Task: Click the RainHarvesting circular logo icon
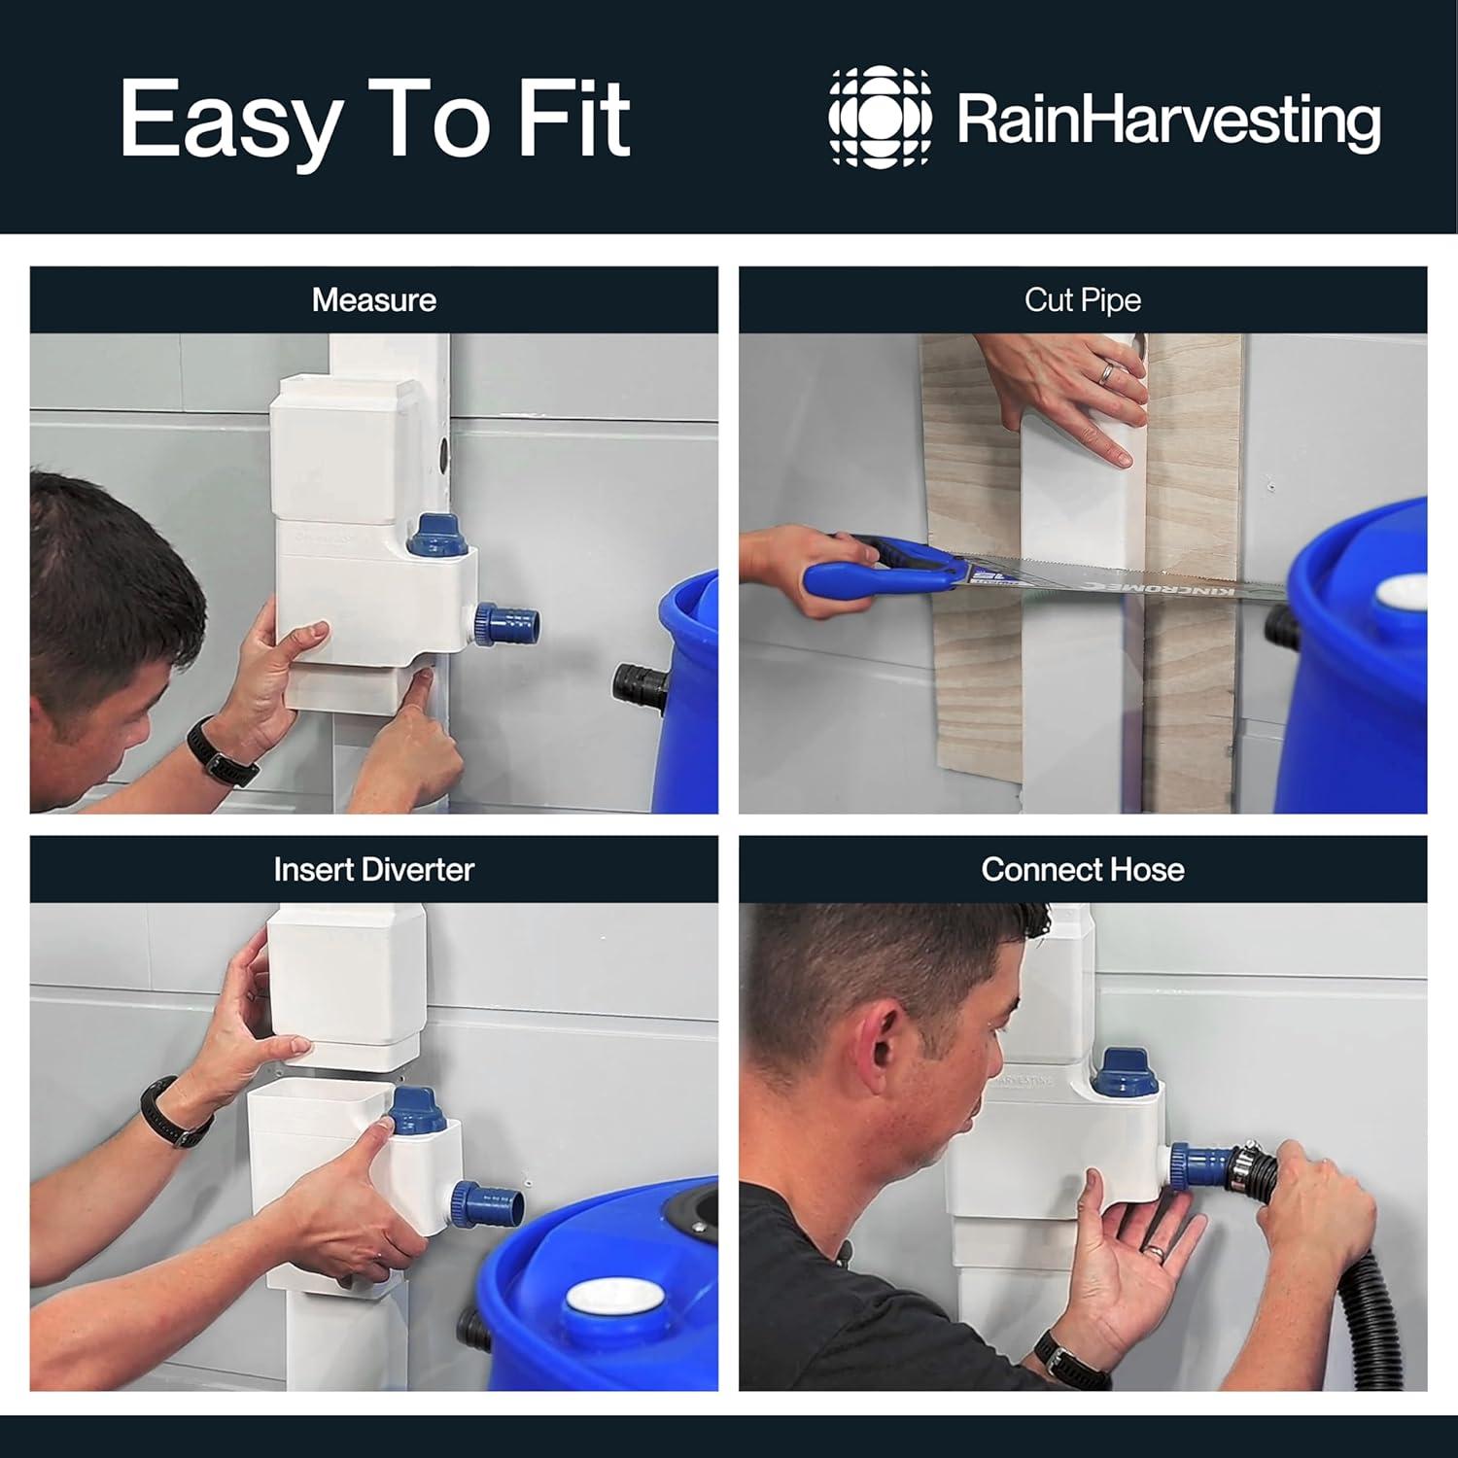880,117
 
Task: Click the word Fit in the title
574,119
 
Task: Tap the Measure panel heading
374,300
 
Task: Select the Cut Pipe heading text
1083,300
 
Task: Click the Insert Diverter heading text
374,869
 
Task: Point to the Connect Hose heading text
1083,869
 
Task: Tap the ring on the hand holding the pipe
1107,372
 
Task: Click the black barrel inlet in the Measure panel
639,685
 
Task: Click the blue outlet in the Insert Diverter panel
490,1205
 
